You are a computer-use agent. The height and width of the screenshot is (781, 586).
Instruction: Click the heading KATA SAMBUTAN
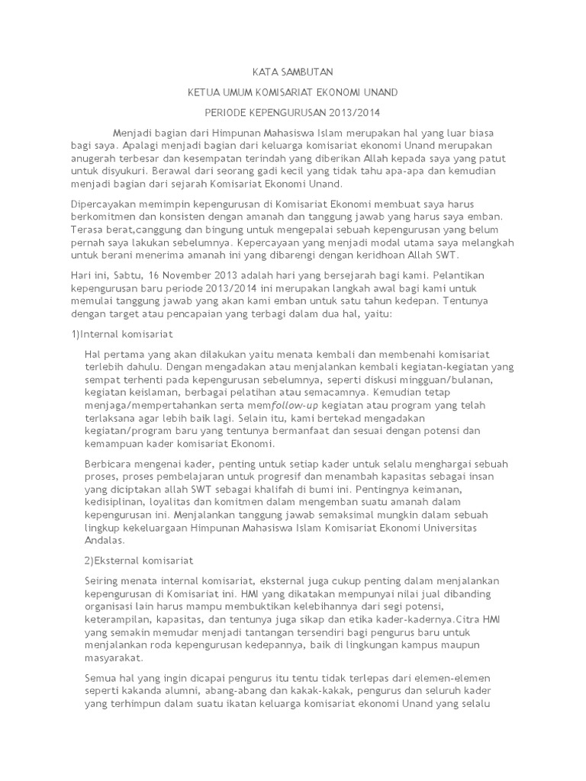293,72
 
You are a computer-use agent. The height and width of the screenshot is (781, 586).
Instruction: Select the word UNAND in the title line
380,92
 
